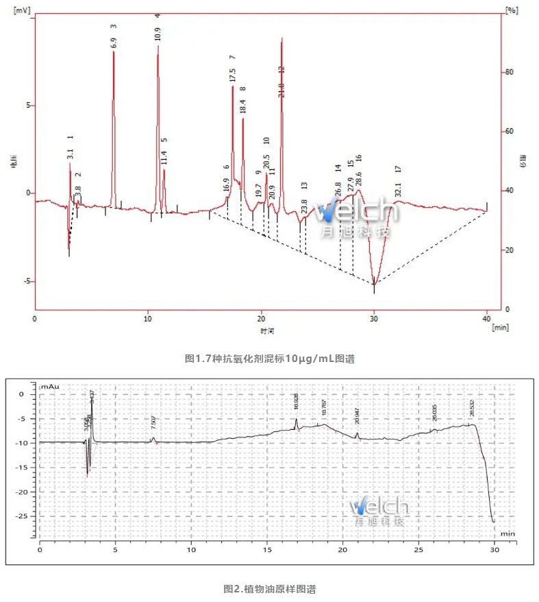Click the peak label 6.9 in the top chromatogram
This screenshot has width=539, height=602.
(114, 42)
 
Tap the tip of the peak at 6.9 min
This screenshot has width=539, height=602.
(114, 51)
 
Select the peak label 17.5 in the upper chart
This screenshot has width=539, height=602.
(233, 75)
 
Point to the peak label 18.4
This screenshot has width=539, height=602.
(242, 106)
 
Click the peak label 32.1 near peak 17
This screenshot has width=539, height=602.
(398, 189)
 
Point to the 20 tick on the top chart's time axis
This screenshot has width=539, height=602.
(261, 319)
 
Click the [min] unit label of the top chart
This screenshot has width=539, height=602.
(500, 327)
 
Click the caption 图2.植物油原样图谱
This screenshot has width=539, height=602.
(270, 588)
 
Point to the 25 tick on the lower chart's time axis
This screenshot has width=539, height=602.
(418, 550)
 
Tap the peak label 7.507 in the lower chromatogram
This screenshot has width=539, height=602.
(153, 424)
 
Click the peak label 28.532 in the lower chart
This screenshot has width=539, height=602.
(472, 409)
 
